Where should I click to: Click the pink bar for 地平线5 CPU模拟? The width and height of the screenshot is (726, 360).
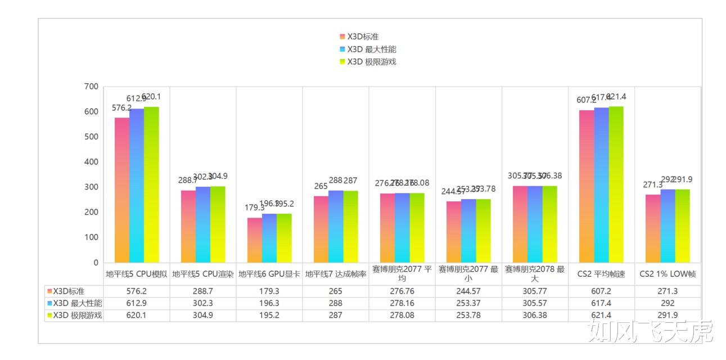coord(122,190)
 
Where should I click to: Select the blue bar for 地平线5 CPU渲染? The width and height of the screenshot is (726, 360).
coord(203,224)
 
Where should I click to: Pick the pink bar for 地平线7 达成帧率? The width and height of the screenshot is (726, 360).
coord(321,229)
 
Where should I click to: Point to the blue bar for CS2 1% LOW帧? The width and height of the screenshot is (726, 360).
coord(668,226)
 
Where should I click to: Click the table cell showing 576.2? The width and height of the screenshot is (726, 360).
coord(137,291)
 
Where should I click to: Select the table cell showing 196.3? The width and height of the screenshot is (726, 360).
coord(269,304)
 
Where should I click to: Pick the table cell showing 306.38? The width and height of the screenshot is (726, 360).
coord(535,316)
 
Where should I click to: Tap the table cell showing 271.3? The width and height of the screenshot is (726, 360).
coord(668,291)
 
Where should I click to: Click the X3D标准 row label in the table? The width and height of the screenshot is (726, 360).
coord(68,291)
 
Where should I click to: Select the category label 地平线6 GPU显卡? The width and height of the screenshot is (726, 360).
coord(269,274)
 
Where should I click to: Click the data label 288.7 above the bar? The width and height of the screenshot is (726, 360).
coord(188,181)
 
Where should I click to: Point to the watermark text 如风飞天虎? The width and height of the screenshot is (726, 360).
coord(650,332)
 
